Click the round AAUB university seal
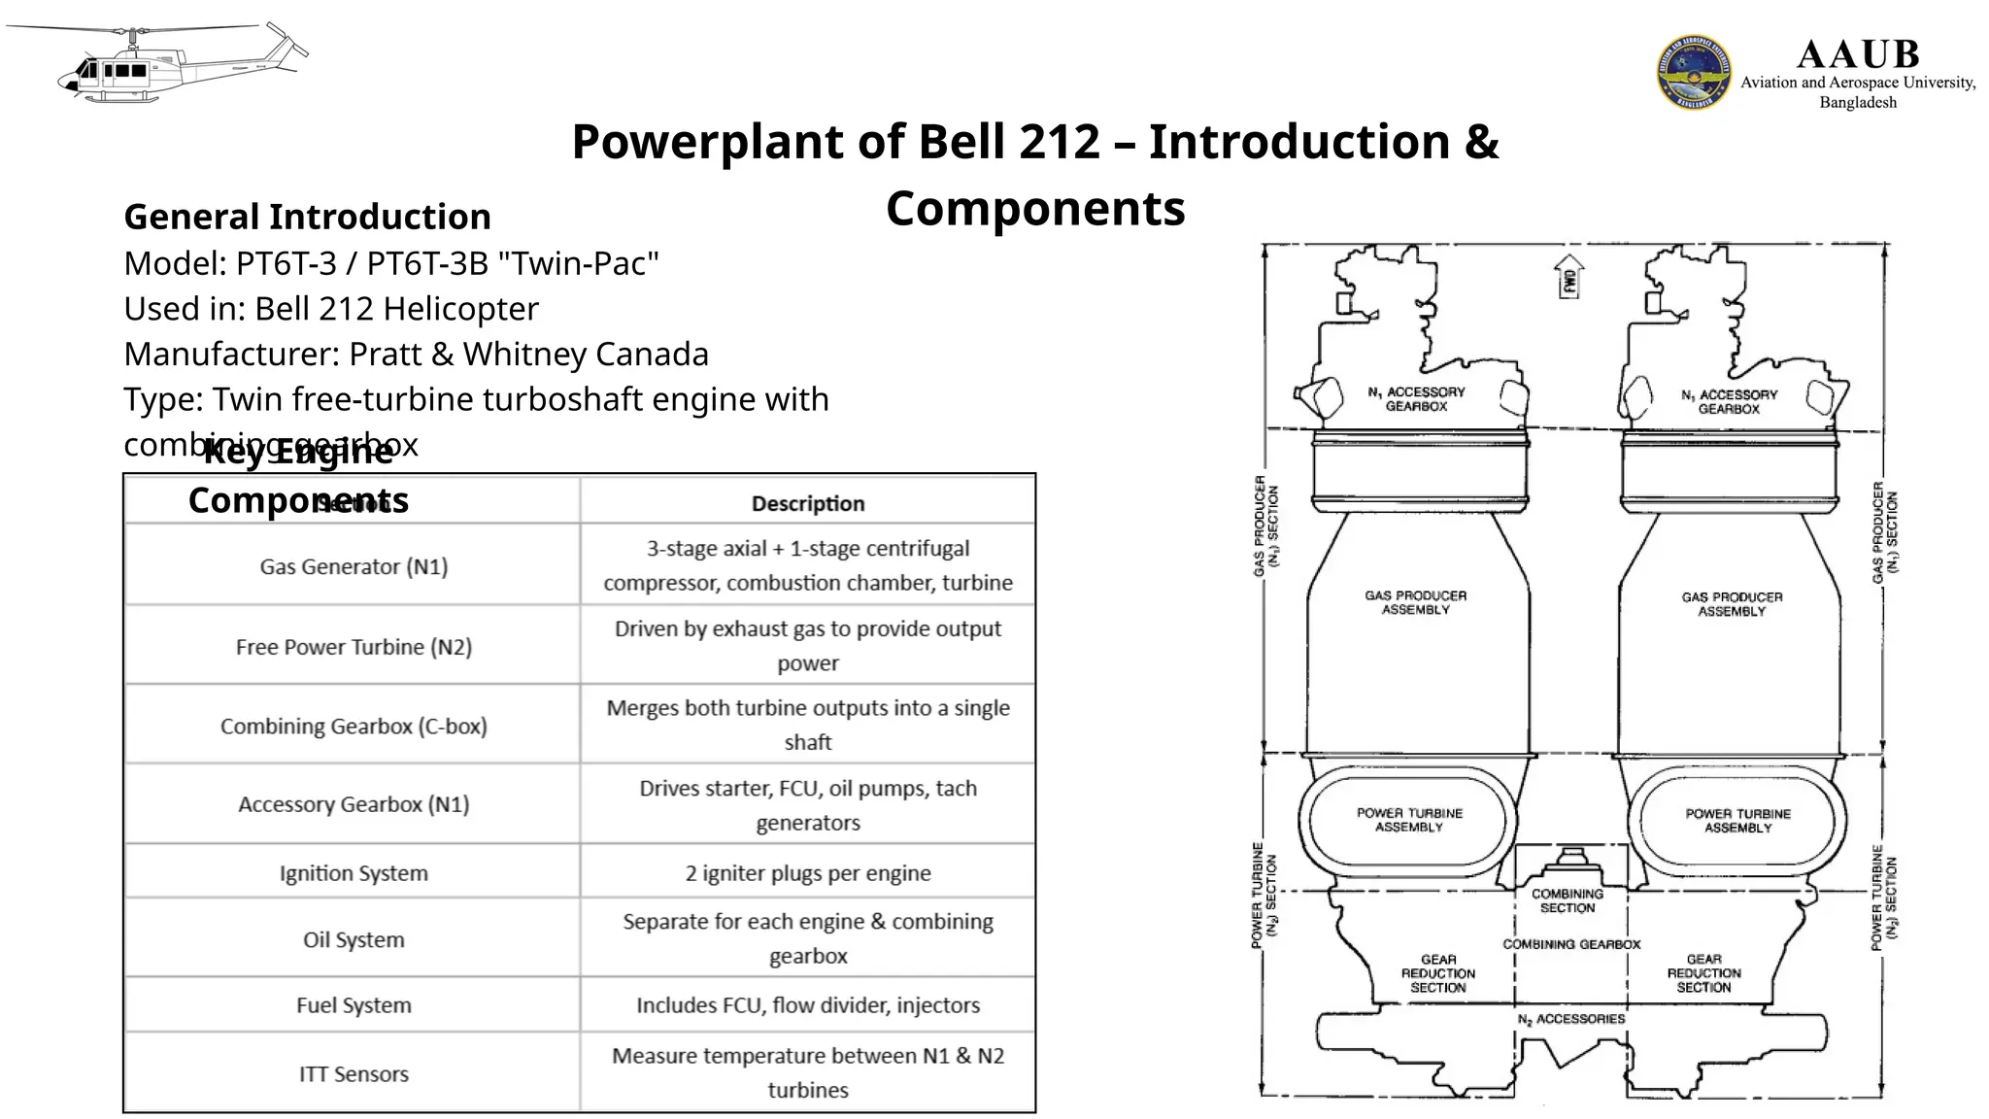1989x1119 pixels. (x=1693, y=72)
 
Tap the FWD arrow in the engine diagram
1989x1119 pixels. (x=1568, y=277)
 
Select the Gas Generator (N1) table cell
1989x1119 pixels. (x=354, y=566)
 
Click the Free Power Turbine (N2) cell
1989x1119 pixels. (x=354, y=647)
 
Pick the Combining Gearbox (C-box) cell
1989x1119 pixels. (x=354, y=726)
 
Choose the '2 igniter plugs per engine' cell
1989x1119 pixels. (x=807, y=872)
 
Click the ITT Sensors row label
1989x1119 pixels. (x=354, y=1073)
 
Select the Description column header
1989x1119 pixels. (x=807, y=503)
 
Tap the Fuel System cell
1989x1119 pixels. (x=354, y=1005)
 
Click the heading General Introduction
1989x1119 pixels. (x=307, y=217)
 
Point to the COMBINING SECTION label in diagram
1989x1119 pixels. (x=1567, y=900)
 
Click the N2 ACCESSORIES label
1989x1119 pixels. (x=1570, y=1019)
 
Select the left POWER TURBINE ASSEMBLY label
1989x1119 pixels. (x=1408, y=820)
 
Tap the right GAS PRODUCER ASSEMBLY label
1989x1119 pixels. (x=1732, y=604)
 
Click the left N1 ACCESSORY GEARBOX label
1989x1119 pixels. (x=1416, y=399)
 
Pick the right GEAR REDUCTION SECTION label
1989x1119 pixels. (x=1703, y=972)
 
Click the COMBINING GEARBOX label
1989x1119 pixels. (x=1570, y=944)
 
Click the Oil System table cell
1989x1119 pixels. (x=354, y=939)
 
